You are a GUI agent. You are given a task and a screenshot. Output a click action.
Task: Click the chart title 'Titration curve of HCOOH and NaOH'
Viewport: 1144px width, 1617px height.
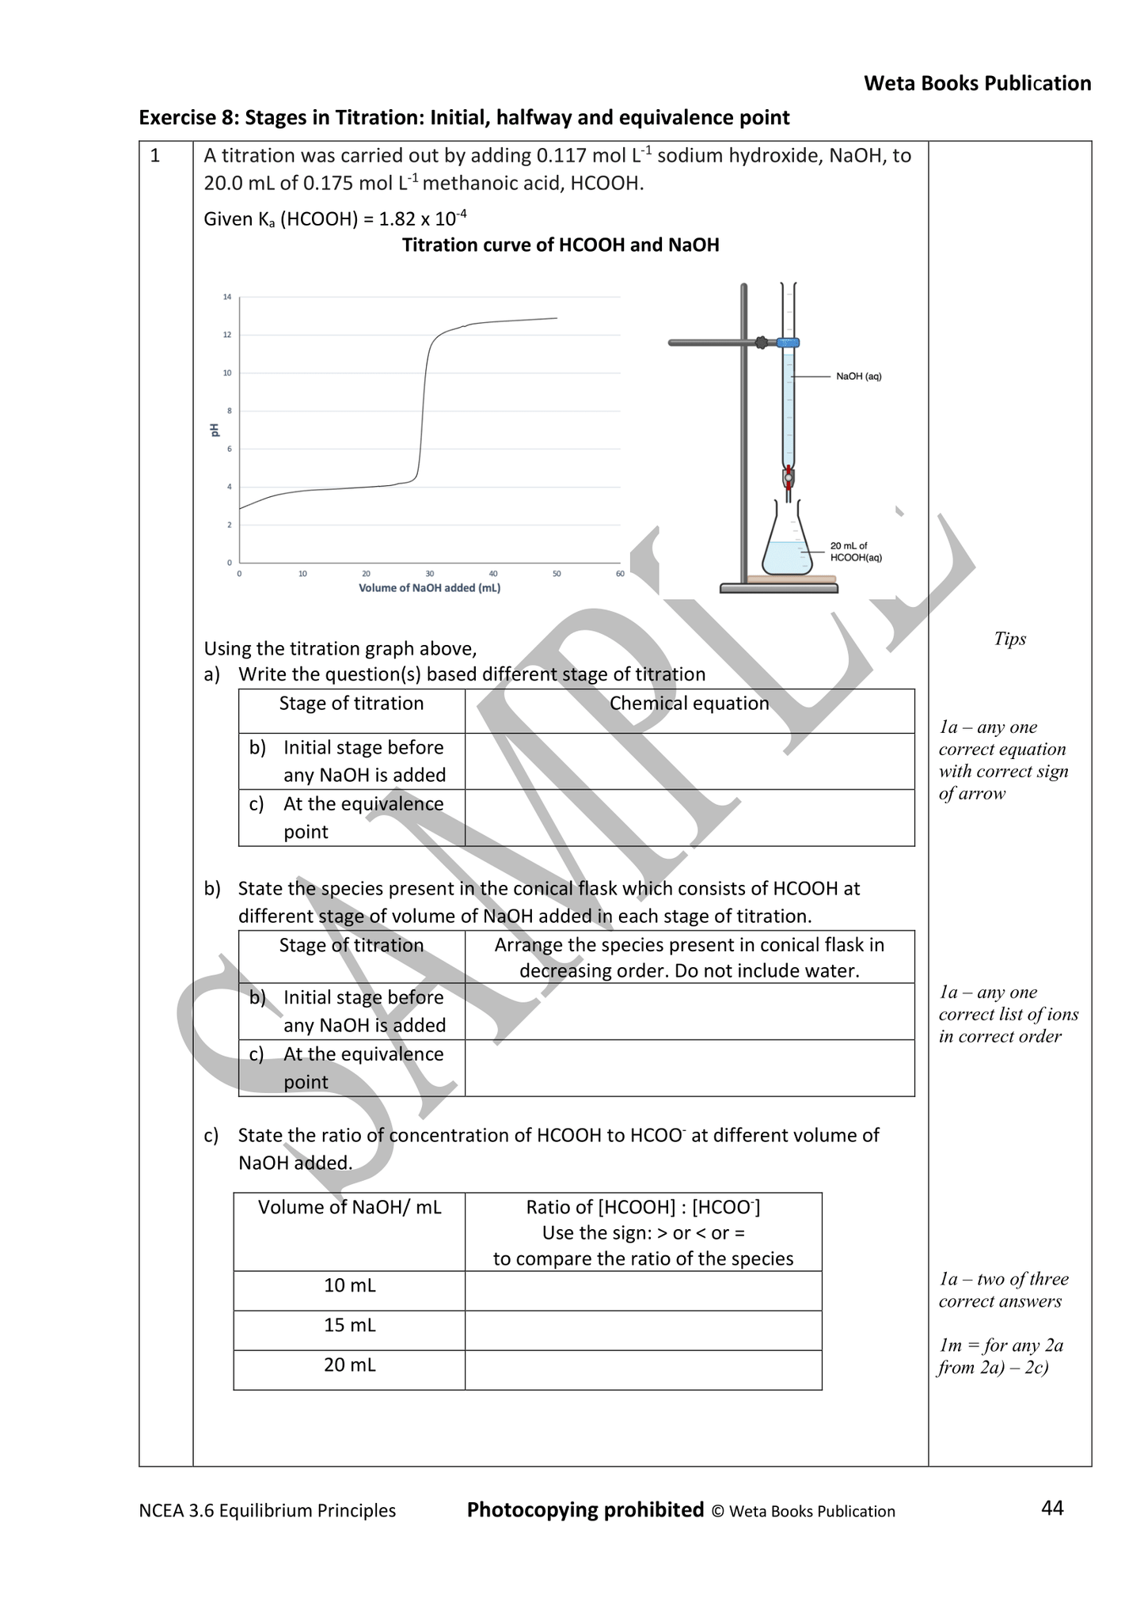pyautogui.click(x=561, y=245)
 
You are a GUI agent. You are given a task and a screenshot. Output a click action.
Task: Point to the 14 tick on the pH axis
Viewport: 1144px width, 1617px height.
pyautogui.click(x=227, y=298)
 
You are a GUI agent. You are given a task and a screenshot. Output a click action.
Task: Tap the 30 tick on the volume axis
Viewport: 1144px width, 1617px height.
pyautogui.click(x=429, y=574)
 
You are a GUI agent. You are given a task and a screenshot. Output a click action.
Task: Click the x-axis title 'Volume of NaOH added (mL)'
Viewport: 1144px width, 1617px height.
pyautogui.click(x=429, y=588)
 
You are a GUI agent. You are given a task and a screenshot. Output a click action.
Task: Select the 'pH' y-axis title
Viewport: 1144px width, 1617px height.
pyautogui.click(x=215, y=430)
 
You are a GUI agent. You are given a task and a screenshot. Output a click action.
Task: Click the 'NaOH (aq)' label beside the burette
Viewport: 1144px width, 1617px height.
pyautogui.click(x=858, y=377)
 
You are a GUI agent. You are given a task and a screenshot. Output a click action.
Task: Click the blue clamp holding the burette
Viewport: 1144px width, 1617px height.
pyautogui.click(x=788, y=343)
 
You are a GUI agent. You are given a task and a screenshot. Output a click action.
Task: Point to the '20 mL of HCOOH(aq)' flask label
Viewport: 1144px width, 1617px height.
pyautogui.click(x=855, y=552)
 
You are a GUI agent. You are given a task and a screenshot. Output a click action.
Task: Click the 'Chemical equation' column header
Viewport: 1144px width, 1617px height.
pyautogui.click(x=689, y=704)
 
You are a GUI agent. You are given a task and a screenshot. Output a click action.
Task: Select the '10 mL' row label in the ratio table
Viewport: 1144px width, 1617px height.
pyautogui.click(x=349, y=1285)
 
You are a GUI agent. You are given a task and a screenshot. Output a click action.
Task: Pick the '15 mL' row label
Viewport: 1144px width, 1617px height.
pyautogui.click(x=349, y=1325)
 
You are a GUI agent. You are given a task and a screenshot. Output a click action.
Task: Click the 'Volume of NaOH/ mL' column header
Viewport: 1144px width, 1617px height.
pyautogui.click(x=349, y=1207)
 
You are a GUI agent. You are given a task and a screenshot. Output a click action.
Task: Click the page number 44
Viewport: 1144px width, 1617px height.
pyautogui.click(x=1052, y=1509)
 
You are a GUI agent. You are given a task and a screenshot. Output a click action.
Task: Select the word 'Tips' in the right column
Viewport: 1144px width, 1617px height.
pyautogui.click(x=1009, y=639)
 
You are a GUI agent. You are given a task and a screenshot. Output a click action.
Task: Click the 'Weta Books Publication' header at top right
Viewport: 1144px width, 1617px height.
pyautogui.click(x=977, y=83)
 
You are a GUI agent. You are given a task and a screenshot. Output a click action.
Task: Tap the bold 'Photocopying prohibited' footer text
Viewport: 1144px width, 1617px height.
pyautogui.click(x=585, y=1509)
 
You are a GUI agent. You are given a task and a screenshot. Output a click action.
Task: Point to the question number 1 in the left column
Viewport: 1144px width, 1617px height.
pyautogui.click(x=155, y=156)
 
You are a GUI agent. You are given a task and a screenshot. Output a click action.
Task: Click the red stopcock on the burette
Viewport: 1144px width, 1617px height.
pyautogui.click(x=789, y=476)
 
